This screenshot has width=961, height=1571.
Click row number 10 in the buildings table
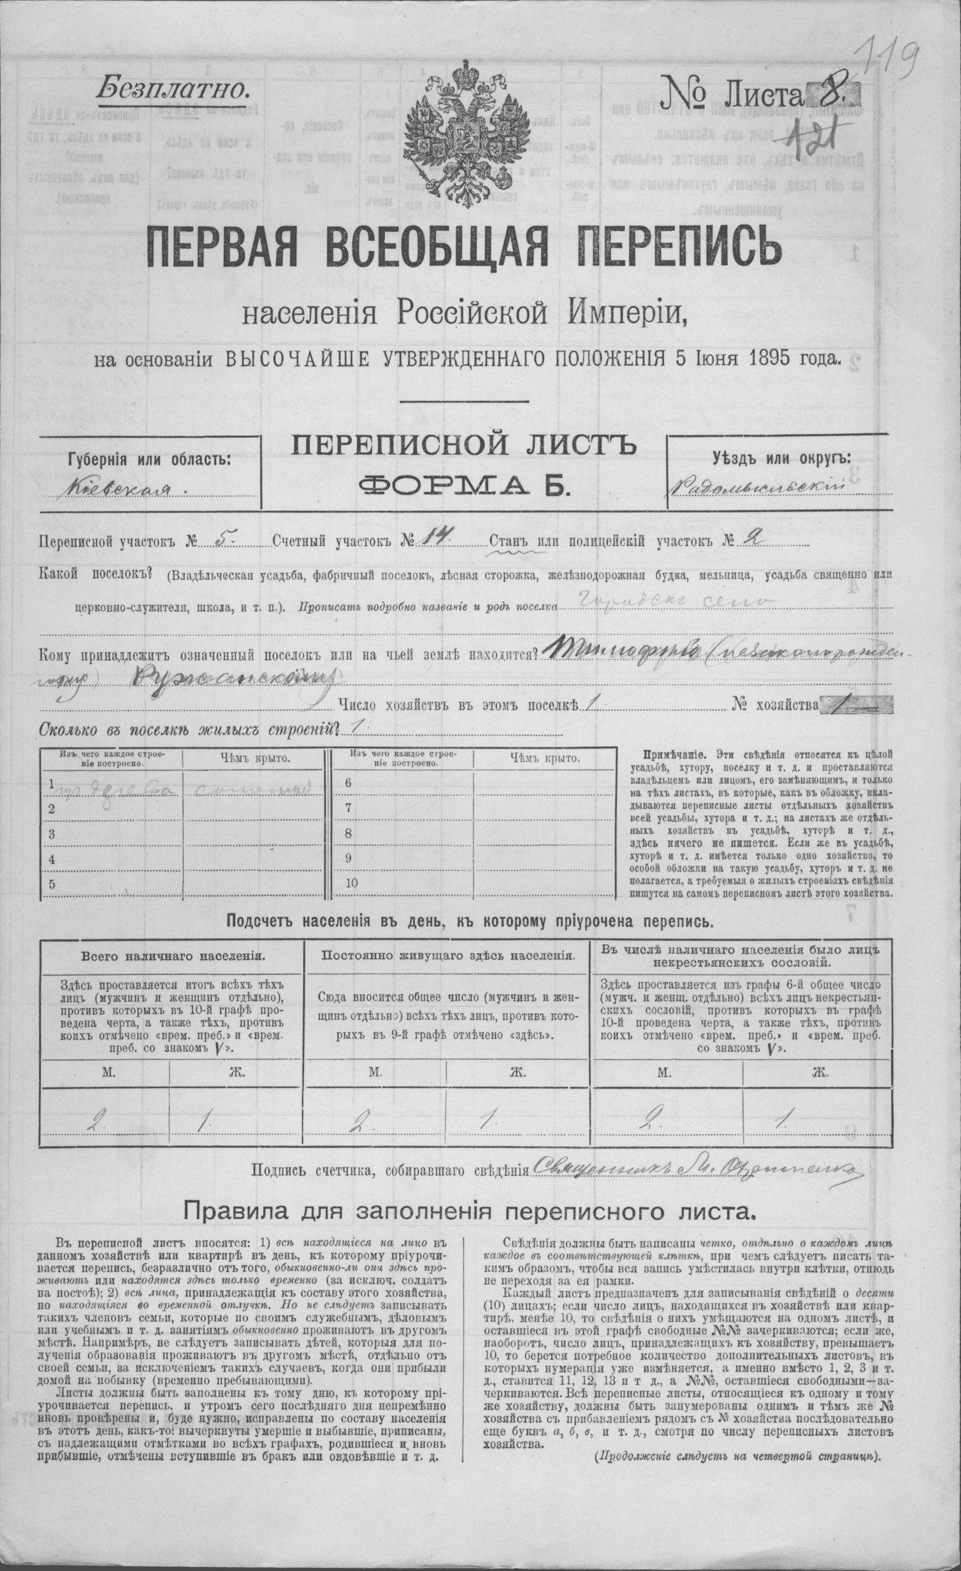click(352, 884)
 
